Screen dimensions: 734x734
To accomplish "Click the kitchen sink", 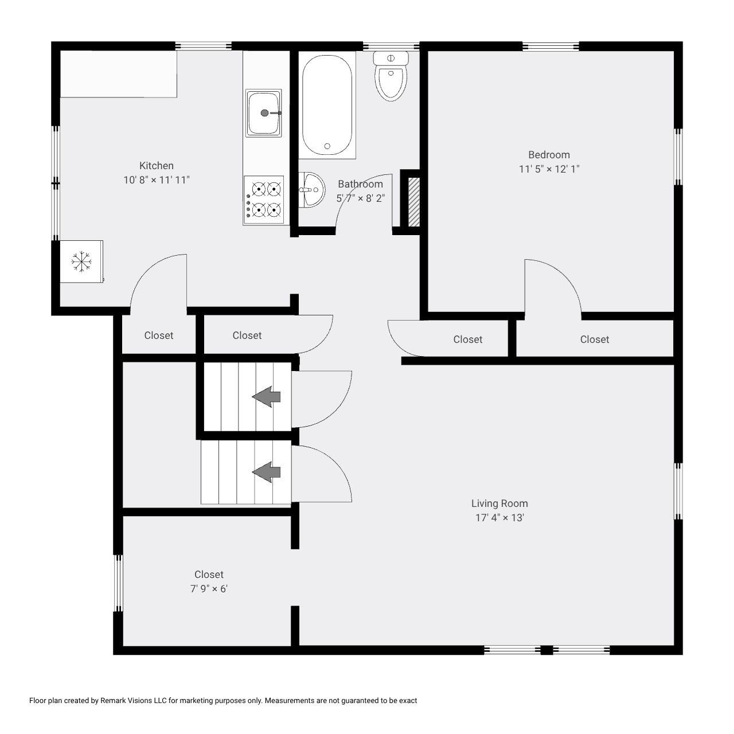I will click(x=264, y=113).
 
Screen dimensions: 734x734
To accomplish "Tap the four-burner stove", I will click(x=264, y=200).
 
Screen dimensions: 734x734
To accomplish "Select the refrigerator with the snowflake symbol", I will click(x=81, y=261).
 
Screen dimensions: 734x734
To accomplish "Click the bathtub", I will click(x=326, y=106).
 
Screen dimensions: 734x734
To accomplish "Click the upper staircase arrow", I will click(x=267, y=396).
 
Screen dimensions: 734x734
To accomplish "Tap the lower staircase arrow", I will click(x=267, y=472).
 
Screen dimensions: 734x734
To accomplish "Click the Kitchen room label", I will click(x=157, y=166).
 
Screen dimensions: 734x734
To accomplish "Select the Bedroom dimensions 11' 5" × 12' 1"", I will click(x=549, y=169).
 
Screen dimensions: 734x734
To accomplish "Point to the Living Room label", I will click(x=499, y=503).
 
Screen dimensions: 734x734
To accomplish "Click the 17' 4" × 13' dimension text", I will click(x=499, y=518).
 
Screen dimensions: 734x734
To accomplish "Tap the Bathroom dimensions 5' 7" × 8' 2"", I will click(x=360, y=198).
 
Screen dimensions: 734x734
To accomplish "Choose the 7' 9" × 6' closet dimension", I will click(x=209, y=589).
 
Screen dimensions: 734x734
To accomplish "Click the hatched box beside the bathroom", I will click(x=413, y=202).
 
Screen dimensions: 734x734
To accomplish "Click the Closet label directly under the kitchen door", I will click(x=159, y=335).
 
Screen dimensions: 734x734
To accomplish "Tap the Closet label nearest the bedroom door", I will click(x=595, y=339).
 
